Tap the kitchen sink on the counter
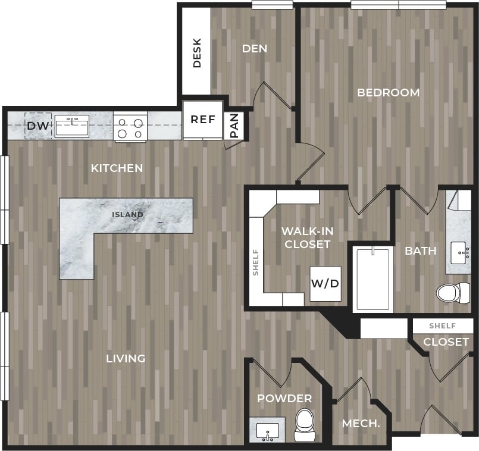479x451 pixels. tap(72, 127)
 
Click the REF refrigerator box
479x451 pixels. tap(203, 120)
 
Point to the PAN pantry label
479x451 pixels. tap(234, 126)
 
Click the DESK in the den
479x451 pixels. tap(197, 53)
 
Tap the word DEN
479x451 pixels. tap(254, 49)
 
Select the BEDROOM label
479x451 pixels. tap(388, 93)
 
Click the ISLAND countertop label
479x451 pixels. tap(128, 214)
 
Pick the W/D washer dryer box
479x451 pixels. tap(325, 283)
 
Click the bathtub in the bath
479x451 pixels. tap(372, 278)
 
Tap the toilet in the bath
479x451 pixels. tap(452, 293)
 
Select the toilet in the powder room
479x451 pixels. tap(305, 425)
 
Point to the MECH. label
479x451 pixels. tap(361, 424)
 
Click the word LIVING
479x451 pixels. tap(126, 358)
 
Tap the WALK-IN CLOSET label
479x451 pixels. tap(306, 237)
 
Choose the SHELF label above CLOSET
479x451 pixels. tap(442, 326)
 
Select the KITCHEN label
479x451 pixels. tap(117, 168)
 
